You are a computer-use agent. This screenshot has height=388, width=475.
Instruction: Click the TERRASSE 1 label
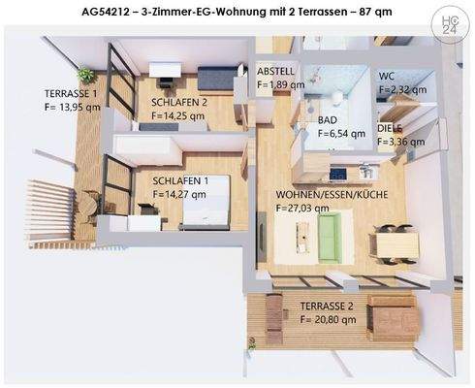tap(71, 93)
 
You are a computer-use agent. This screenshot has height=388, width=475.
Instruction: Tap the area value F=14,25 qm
tap(178, 114)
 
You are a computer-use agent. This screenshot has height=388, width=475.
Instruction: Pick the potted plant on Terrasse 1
tap(87, 74)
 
